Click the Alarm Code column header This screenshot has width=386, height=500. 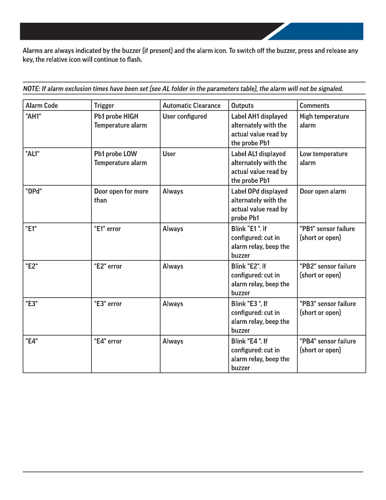(42, 105)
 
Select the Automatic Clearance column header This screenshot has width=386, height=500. (191, 105)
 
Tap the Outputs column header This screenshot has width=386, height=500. (242, 105)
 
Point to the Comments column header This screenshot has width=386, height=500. (314, 105)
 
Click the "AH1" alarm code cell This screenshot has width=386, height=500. (33, 116)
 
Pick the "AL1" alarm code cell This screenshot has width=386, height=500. (32, 154)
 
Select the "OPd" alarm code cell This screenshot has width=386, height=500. (33, 191)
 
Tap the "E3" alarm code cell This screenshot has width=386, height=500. (32, 304)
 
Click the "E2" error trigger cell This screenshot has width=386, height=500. (108, 266)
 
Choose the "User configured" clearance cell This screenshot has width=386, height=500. (184, 116)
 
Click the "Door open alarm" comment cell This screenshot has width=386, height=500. (323, 191)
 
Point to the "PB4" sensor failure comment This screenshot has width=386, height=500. (328, 345)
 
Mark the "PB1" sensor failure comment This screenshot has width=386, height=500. (327, 233)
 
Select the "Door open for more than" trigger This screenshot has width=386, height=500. (121, 196)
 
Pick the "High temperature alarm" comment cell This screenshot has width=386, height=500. (324, 121)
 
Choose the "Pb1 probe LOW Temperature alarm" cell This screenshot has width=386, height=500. (120, 158)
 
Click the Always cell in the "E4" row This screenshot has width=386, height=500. (173, 341)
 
